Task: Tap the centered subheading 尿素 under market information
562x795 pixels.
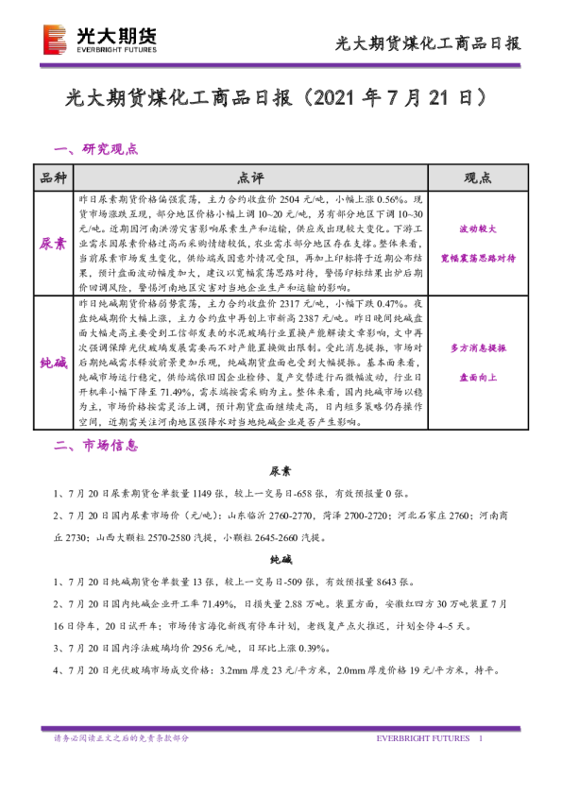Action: point(281,470)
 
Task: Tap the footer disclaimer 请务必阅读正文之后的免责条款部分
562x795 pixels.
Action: point(121,738)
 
